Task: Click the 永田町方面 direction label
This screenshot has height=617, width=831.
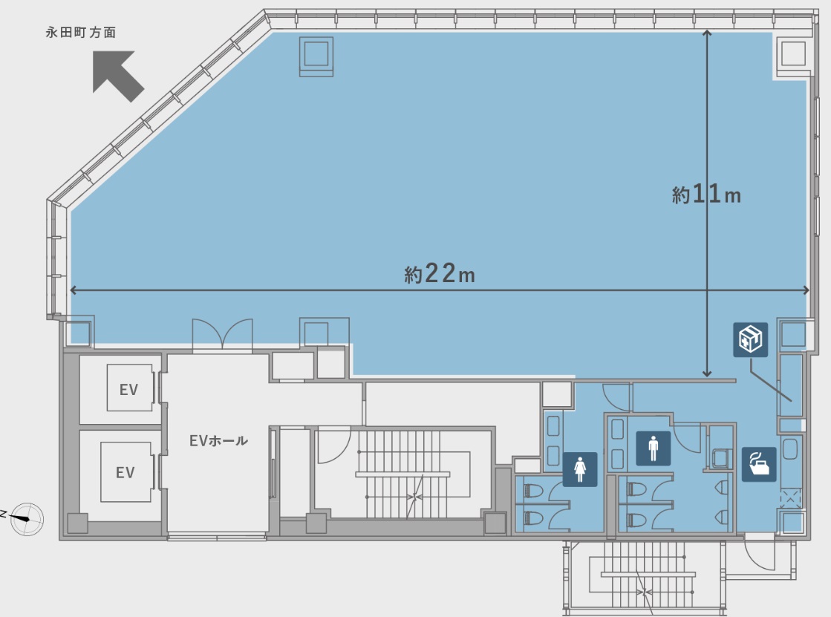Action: pyautogui.click(x=80, y=33)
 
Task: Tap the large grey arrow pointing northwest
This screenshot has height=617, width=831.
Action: pyautogui.click(x=117, y=76)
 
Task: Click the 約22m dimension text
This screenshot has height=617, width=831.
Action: pyautogui.click(x=440, y=273)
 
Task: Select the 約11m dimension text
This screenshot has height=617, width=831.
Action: pyautogui.click(x=706, y=194)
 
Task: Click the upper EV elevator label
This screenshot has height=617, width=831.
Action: pyautogui.click(x=128, y=390)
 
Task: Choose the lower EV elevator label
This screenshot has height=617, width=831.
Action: pyautogui.click(x=125, y=471)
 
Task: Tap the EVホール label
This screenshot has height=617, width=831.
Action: pyautogui.click(x=218, y=440)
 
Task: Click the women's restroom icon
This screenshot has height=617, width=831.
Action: pyautogui.click(x=580, y=469)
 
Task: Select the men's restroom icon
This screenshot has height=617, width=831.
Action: pyautogui.click(x=653, y=448)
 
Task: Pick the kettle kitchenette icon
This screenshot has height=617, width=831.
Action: pyautogui.click(x=759, y=464)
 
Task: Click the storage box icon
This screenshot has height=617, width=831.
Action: pyautogui.click(x=751, y=339)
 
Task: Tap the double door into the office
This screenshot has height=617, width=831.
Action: pyautogui.click(x=222, y=334)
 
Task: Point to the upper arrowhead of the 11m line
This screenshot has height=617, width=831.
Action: pyautogui.click(x=707, y=33)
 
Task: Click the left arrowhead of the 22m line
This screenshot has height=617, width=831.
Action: pyautogui.click(x=74, y=290)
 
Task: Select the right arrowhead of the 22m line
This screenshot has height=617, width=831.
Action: pyautogui.click(x=806, y=290)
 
